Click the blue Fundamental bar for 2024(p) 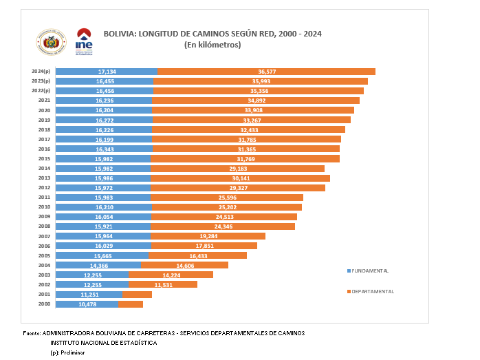point(107,72)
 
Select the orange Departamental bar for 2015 point(245,159)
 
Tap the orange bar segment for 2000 point(131,304)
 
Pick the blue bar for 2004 point(98,265)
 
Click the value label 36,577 point(267,72)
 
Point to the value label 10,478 point(87,304)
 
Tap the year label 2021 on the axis point(44,100)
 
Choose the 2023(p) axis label point(41,81)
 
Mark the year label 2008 point(44,226)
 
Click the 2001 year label point(44,294)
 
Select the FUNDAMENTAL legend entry point(369,271)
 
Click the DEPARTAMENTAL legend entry point(371,291)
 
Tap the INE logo point(83,43)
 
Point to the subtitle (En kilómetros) point(212,45)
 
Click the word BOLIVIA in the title point(120,33)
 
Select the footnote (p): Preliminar point(67,352)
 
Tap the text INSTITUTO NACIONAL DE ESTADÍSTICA point(103,342)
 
